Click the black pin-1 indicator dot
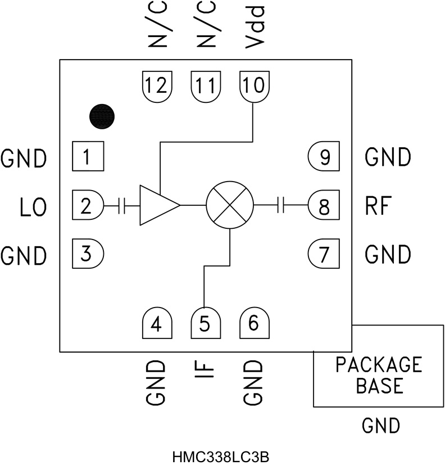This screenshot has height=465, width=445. click(x=102, y=116)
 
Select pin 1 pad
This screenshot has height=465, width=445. click(x=88, y=156)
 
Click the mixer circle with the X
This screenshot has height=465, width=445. click(x=230, y=205)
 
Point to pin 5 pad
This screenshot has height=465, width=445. click(x=206, y=324)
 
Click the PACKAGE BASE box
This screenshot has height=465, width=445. click(x=378, y=374)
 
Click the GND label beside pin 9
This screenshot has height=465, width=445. click(x=388, y=157)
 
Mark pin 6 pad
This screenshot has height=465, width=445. click(x=254, y=324)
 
